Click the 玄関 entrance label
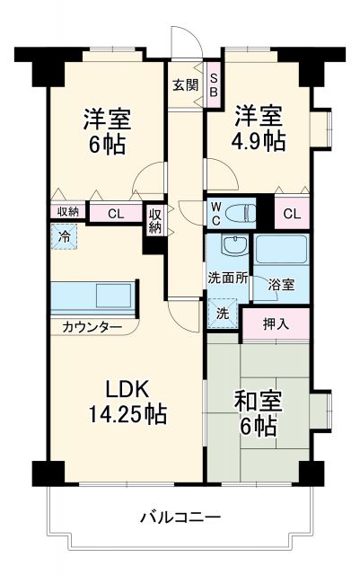click(186, 85)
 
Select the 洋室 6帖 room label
click(107, 129)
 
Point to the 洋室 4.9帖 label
click(259, 128)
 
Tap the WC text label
click(216, 212)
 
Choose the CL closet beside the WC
click(291, 213)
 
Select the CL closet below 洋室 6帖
click(117, 214)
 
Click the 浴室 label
click(281, 285)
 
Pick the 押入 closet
click(275, 323)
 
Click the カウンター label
click(92, 327)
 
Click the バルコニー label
click(180, 517)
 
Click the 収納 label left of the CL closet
click(68, 212)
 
